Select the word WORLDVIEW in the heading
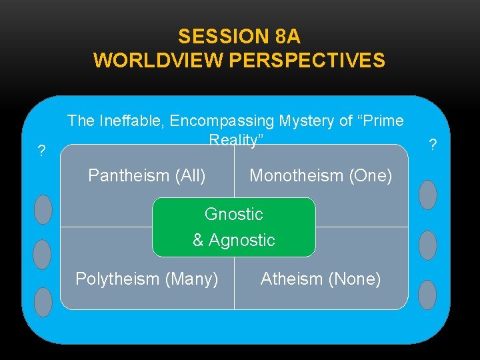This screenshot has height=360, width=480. (x=159, y=60)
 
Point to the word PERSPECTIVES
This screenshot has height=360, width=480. (x=307, y=60)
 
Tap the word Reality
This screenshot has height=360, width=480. (x=235, y=140)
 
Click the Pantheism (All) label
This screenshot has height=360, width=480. (x=147, y=175)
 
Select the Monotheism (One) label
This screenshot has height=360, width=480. (x=321, y=175)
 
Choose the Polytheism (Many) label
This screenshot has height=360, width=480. (x=147, y=279)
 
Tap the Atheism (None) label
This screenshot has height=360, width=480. (x=321, y=279)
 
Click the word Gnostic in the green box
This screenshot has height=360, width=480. (x=234, y=214)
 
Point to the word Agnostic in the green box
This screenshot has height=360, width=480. (x=242, y=240)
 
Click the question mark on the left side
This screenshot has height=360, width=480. (x=41, y=151)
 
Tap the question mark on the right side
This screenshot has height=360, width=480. (x=433, y=144)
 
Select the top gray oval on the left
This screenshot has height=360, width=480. (x=43, y=209)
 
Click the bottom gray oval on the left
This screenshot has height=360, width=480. (x=43, y=302)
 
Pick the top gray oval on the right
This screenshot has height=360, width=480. (x=427, y=195)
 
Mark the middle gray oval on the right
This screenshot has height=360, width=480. (x=427, y=245)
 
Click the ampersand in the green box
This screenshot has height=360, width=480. (x=198, y=240)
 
